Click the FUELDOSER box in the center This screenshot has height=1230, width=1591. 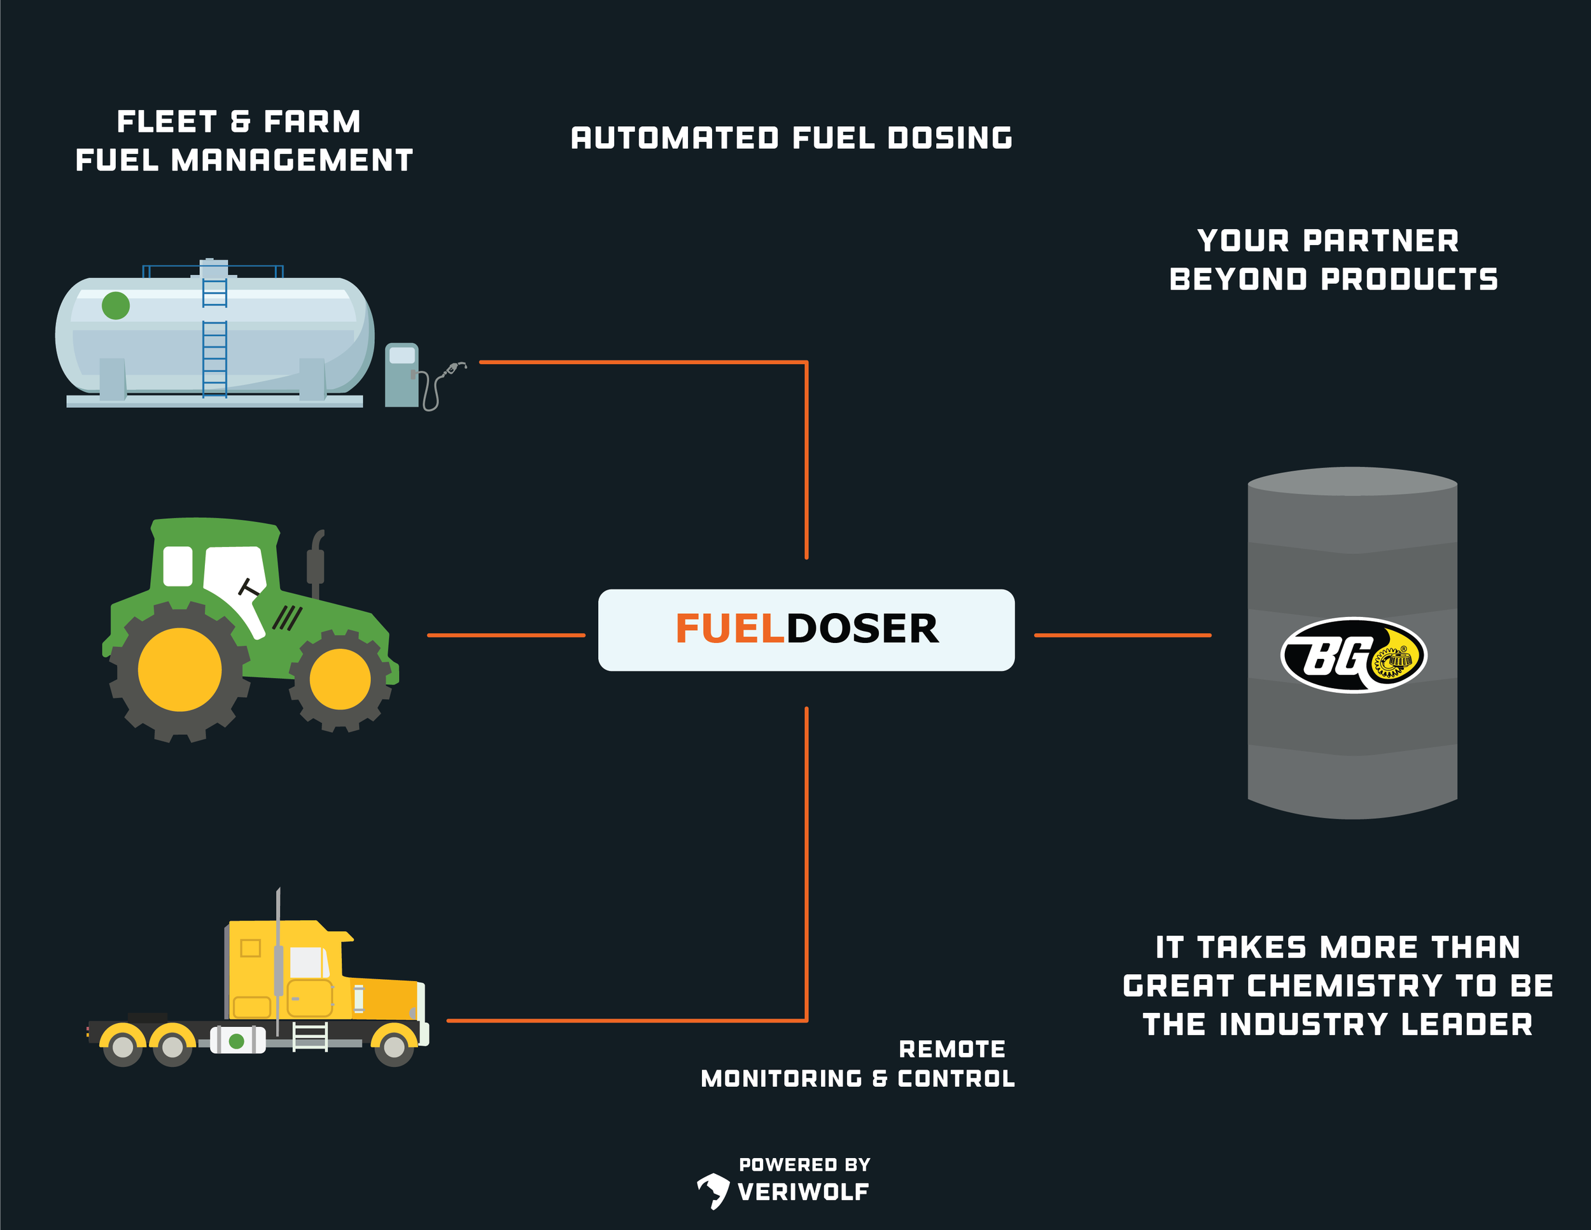click(x=806, y=630)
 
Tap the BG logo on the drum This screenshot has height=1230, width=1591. click(x=1353, y=655)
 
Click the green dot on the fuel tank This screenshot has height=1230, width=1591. click(x=116, y=306)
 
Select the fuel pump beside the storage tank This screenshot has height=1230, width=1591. click(x=402, y=374)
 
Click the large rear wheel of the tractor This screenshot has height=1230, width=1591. click(x=180, y=669)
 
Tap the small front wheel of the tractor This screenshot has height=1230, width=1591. click(x=339, y=679)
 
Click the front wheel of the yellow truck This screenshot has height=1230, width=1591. click(x=394, y=1047)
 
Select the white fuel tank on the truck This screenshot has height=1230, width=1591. click(x=237, y=1040)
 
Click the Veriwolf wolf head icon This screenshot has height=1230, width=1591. click(x=713, y=1190)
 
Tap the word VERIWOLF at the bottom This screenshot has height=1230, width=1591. click(x=803, y=1192)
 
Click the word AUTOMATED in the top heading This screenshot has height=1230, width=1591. click(x=675, y=138)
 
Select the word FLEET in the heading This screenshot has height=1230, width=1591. click(x=167, y=122)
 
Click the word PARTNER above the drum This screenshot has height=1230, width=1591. click(x=1380, y=241)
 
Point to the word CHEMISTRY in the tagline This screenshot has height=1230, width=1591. click(x=1344, y=986)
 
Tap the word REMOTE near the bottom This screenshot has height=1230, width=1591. click(x=951, y=1049)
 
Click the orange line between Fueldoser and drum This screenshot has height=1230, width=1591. click(x=1122, y=635)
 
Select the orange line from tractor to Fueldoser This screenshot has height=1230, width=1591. click(x=505, y=635)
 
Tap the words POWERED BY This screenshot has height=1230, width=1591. click(x=804, y=1164)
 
